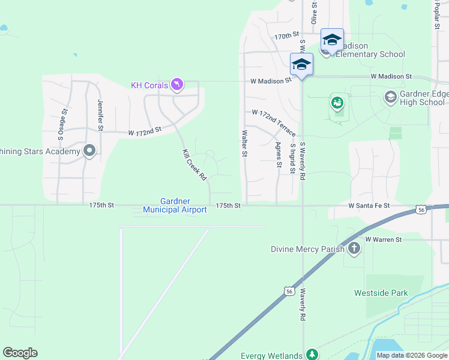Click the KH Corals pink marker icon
[176, 85]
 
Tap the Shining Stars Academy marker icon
[90, 151]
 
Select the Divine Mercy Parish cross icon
[354, 248]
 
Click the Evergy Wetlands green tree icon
[312, 355]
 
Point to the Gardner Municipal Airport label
[175, 206]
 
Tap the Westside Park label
[381, 293]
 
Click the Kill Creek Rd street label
[194, 164]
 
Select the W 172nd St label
[145, 130]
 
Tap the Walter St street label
[244, 143]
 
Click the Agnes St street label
[279, 155]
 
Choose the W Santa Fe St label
[369, 206]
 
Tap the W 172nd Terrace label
[274, 122]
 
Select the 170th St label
[287, 37]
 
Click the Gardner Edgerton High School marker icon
[390, 97]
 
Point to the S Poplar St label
[436, 15]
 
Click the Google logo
[20, 353]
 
